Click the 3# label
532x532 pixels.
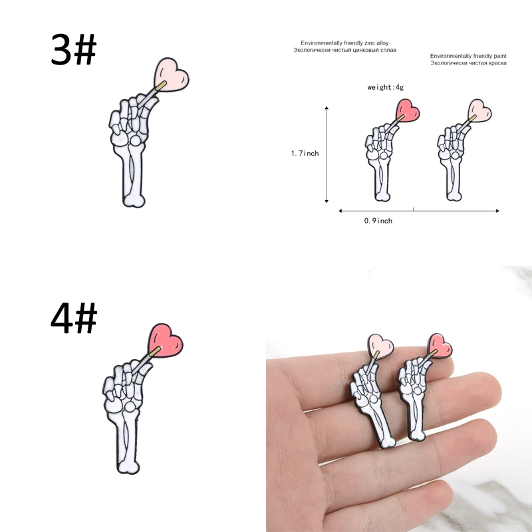(74, 49)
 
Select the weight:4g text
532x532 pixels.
(386, 87)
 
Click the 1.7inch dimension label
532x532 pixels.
(305, 154)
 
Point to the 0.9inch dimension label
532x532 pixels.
(378, 221)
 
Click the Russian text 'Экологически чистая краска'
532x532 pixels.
(468, 63)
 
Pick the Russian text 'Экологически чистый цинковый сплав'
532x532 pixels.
(340, 49)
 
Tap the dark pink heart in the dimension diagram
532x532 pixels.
(408, 110)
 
